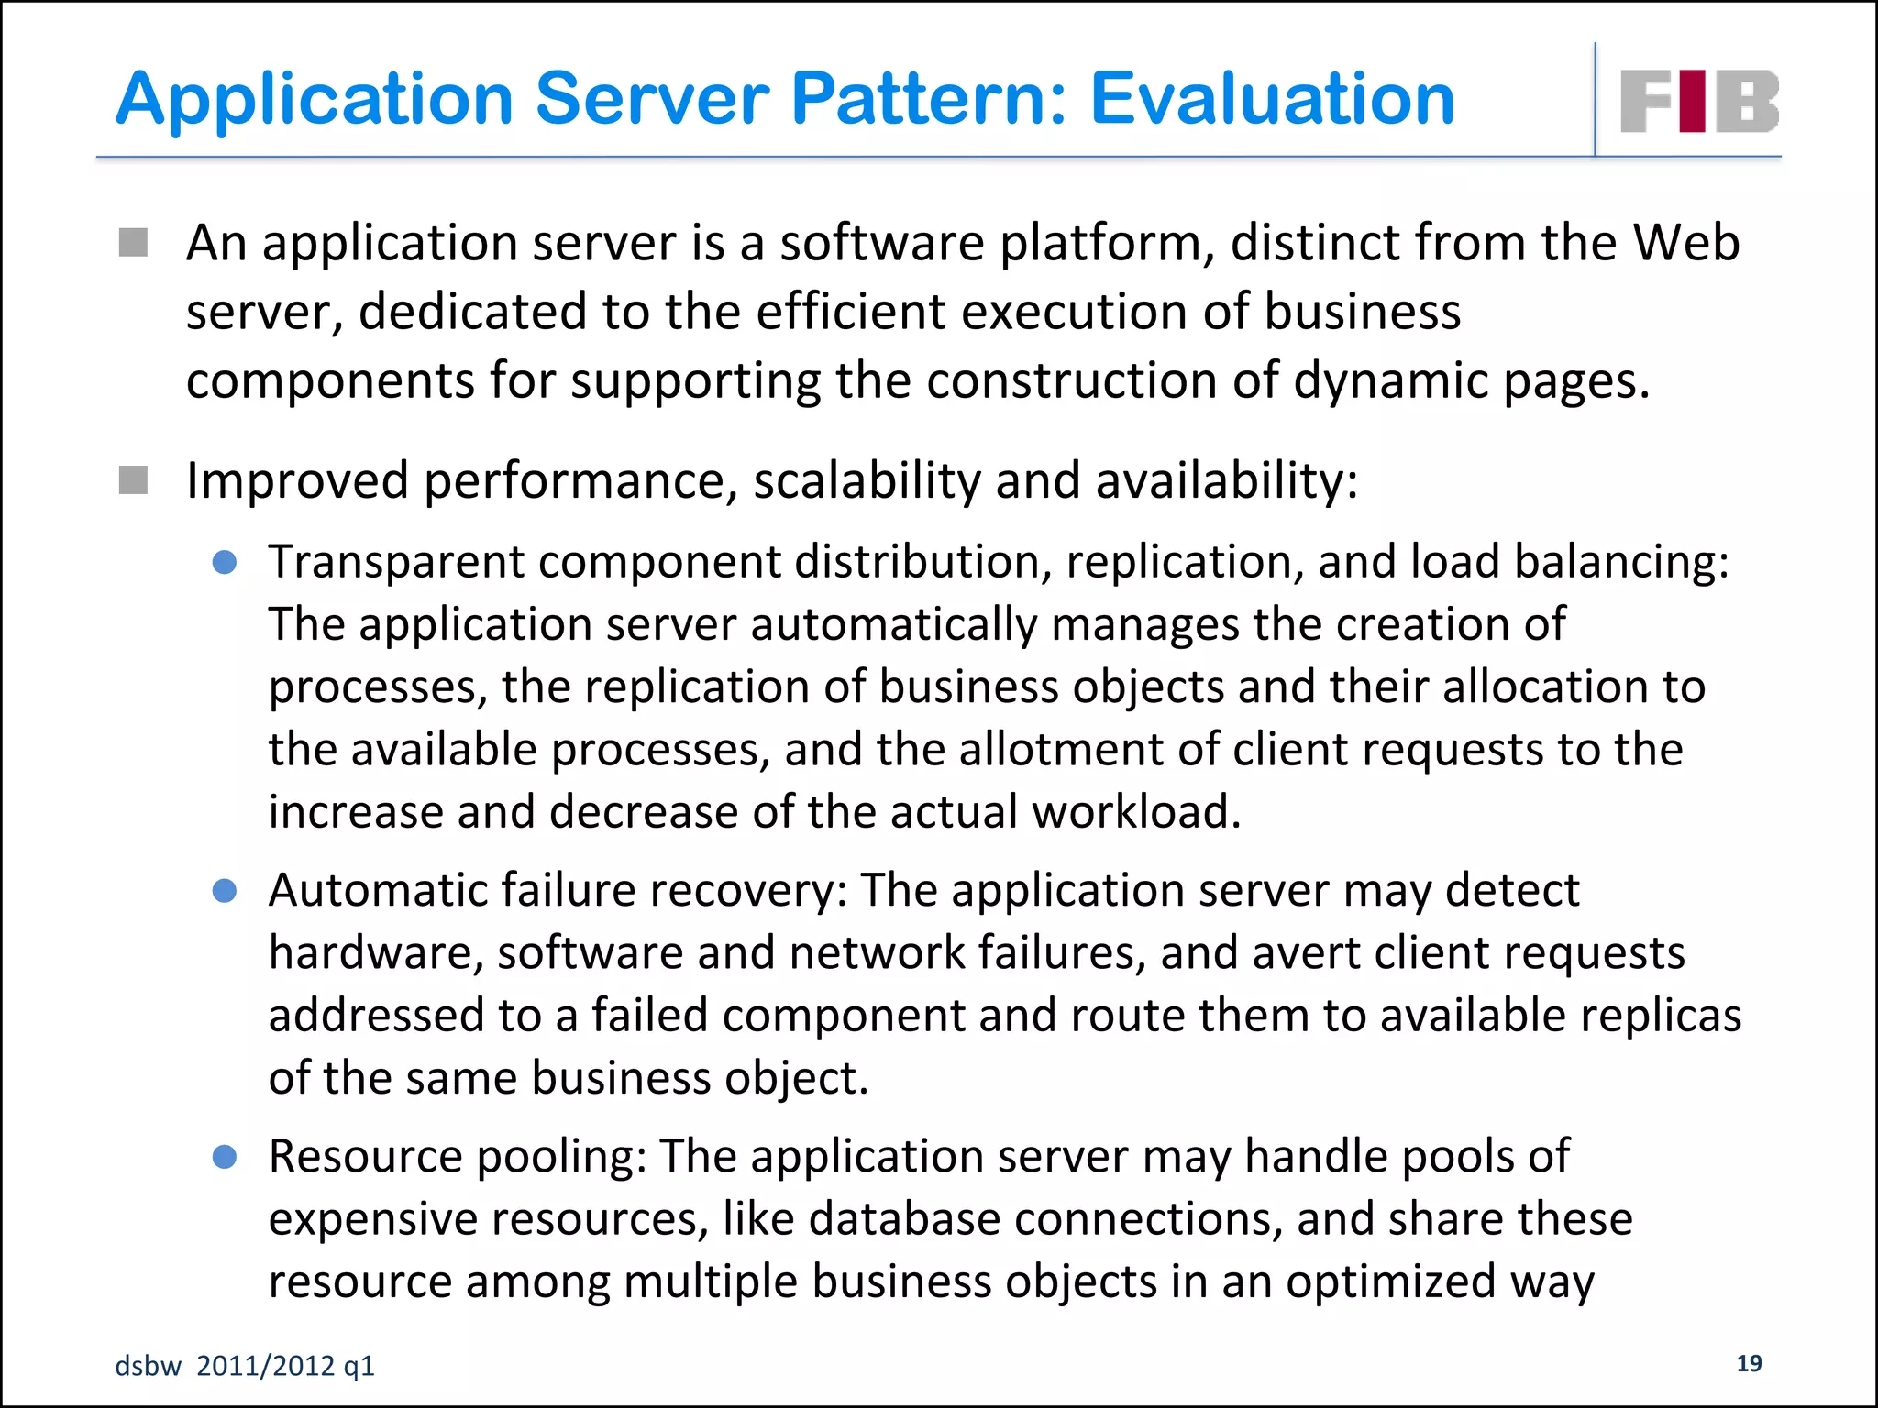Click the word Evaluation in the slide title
tap(1272, 99)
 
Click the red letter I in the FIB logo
tap(1696, 101)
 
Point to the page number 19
tap(1749, 1363)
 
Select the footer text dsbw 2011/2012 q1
tap(245, 1366)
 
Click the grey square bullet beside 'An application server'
tap(134, 243)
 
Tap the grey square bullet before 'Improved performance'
tap(134, 479)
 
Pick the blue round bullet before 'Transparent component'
tap(225, 562)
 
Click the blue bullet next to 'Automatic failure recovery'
tap(225, 891)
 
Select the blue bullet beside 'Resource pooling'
tap(225, 1157)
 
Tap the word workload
tap(1136, 812)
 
